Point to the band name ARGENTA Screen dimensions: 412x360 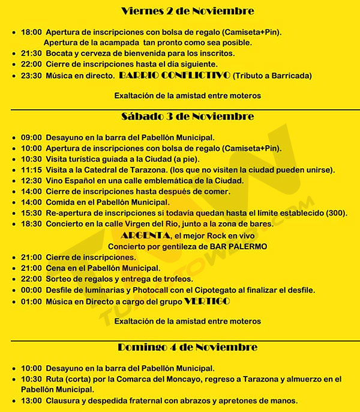[142, 236]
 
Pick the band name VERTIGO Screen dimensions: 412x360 [208, 301]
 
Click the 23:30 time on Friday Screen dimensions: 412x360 [31, 76]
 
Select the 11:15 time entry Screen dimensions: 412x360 [31, 170]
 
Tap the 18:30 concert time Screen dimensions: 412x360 [31, 224]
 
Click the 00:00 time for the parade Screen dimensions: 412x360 [31, 290]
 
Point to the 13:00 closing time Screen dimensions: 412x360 [31, 401]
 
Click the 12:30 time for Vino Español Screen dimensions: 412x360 [31, 181]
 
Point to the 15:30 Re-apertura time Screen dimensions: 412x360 [31, 213]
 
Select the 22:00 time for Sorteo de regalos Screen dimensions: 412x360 [31, 279]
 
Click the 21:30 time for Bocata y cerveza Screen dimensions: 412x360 [31, 53]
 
